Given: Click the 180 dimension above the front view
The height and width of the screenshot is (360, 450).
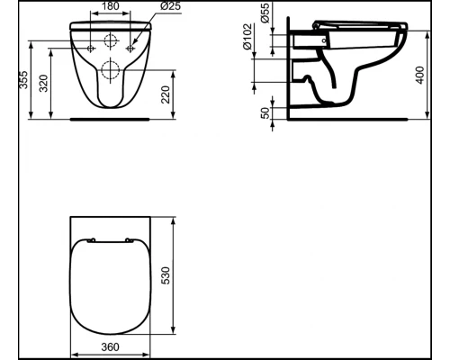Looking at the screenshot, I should pos(111,7).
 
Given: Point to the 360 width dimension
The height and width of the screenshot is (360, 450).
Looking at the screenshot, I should pos(109,345).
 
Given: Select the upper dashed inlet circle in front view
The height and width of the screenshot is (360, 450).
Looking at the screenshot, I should pos(111,40).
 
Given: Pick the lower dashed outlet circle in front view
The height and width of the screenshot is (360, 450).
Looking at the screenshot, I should pos(111,70).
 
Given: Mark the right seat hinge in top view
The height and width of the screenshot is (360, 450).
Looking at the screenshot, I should pos(130,239).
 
